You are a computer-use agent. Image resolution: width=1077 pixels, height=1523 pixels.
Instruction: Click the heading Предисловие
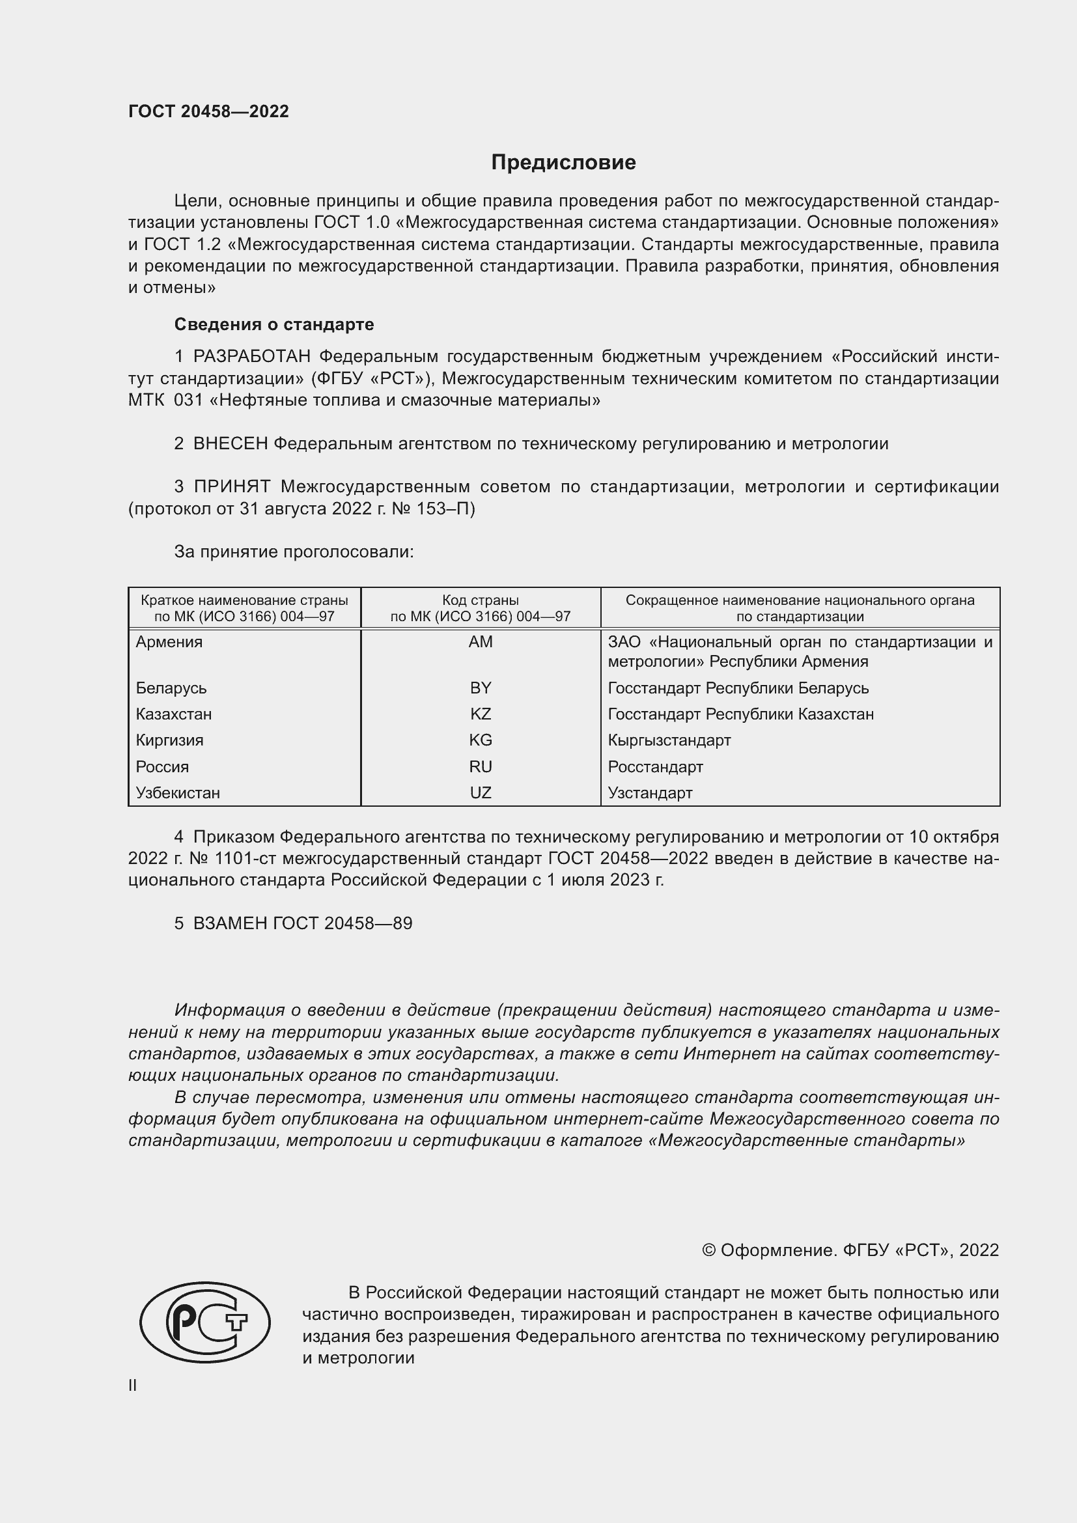(x=563, y=163)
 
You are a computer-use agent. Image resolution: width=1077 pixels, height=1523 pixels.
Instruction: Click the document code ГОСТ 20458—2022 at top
(x=208, y=111)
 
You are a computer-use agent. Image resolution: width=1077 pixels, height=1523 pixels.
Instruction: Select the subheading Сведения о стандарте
(x=274, y=324)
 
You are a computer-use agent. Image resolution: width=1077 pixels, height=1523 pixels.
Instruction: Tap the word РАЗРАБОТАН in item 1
(x=251, y=357)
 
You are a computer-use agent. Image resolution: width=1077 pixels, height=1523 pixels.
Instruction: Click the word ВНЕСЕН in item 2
(x=230, y=444)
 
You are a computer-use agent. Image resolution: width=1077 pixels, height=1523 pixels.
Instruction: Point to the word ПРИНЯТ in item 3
(x=231, y=487)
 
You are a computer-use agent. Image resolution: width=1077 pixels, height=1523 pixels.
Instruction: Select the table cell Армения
(x=169, y=642)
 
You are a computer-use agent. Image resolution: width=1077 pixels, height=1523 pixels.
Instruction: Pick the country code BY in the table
(x=480, y=688)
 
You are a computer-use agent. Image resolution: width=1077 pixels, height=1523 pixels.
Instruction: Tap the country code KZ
(x=480, y=714)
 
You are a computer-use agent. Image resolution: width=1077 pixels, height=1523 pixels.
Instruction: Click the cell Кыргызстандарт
(x=669, y=740)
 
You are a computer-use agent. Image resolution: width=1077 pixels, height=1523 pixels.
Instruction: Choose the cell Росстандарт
(x=654, y=767)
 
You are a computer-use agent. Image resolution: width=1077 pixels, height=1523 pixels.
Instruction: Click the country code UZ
(x=480, y=792)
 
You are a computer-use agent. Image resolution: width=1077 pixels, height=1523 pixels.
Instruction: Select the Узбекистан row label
(x=178, y=792)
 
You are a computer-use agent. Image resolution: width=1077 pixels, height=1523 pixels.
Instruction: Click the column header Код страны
(x=480, y=600)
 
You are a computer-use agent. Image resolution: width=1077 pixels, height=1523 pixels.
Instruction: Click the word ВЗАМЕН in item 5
(x=230, y=923)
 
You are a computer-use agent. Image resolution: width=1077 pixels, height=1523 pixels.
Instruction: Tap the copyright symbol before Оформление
(x=708, y=1250)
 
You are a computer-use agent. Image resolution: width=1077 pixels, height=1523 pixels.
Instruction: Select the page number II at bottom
(x=133, y=1385)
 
